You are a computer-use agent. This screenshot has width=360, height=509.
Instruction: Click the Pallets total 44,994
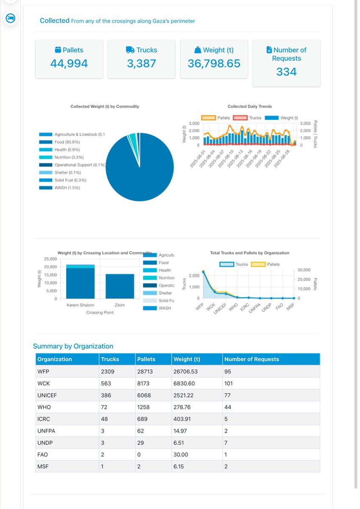(x=69, y=64)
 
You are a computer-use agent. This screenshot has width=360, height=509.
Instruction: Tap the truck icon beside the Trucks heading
(x=130, y=50)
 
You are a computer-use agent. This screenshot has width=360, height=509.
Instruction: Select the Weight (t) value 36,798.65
(x=214, y=64)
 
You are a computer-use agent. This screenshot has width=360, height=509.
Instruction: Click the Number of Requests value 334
(x=286, y=72)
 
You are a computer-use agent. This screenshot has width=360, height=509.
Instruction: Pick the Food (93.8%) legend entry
(x=67, y=142)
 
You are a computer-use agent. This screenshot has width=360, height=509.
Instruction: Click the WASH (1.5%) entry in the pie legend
(x=67, y=188)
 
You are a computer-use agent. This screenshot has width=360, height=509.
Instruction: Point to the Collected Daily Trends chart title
(x=250, y=106)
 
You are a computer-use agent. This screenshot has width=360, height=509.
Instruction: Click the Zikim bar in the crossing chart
(x=120, y=286)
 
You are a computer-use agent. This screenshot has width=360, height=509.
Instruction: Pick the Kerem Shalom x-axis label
(x=80, y=305)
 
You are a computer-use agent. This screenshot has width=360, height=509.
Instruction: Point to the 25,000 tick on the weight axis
(x=50, y=259)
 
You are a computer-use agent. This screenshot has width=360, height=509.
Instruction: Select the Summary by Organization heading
(x=73, y=346)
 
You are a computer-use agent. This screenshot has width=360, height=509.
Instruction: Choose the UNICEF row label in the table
(x=49, y=395)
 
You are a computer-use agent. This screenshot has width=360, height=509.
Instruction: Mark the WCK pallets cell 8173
(x=143, y=383)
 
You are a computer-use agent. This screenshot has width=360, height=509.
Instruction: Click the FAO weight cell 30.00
(x=181, y=454)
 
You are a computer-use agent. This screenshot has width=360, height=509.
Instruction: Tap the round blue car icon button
(x=10, y=18)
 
